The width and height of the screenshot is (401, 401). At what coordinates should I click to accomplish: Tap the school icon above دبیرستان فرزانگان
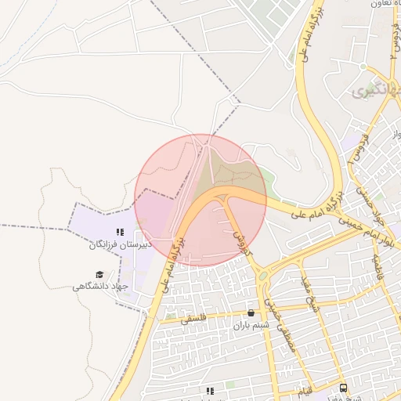point(119,232)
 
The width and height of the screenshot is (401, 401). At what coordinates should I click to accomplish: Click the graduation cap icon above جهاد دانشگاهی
point(99,273)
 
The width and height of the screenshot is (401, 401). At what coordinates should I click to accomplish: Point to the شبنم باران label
point(251,324)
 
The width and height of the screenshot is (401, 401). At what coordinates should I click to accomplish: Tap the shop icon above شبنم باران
point(251,312)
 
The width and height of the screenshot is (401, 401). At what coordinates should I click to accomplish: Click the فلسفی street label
point(192,320)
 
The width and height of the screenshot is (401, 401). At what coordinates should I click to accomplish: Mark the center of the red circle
point(200,200)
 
